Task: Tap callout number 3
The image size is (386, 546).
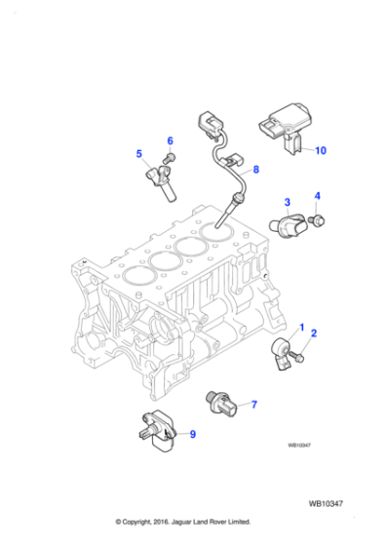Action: coord(288,202)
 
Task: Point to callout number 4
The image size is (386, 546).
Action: coord(317,197)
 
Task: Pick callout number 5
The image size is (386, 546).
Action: coord(138,154)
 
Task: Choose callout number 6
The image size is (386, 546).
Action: coord(170,140)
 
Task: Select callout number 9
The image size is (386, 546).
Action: coord(191,434)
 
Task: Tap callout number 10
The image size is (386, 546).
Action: coord(321,150)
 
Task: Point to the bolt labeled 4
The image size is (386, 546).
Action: coord(318,222)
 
